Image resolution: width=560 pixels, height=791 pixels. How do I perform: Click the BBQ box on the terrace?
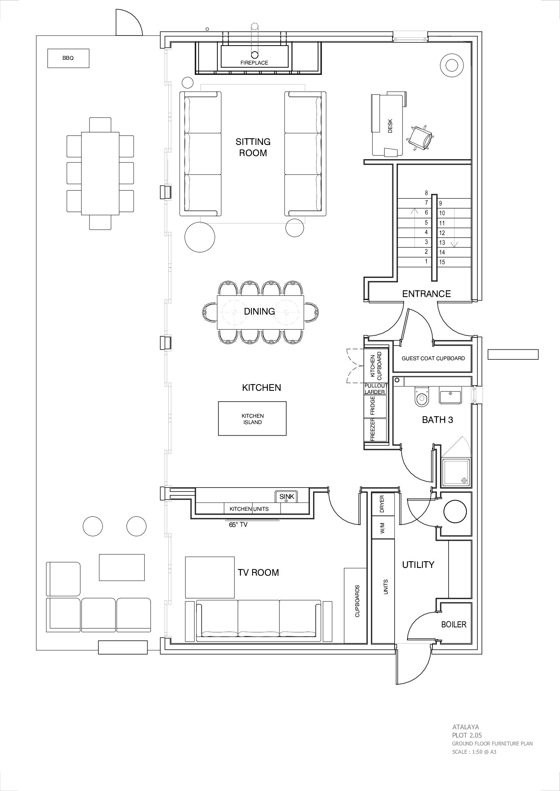pyautogui.click(x=68, y=58)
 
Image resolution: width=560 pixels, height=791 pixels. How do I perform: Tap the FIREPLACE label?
pyautogui.click(x=254, y=63)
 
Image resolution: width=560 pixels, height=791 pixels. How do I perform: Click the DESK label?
pyautogui.click(x=390, y=129)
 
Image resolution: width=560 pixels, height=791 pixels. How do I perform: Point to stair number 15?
pyautogui.click(x=442, y=262)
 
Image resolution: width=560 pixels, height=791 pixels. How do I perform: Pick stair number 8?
pyautogui.click(x=426, y=193)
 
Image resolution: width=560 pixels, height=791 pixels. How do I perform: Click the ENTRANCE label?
pyautogui.click(x=426, y=294)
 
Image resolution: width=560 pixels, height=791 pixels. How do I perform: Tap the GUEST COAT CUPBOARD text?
pyautogui.click(x=433, y=358)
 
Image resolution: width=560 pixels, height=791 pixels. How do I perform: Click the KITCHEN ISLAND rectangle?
pyautogui.click(x=252, y=418)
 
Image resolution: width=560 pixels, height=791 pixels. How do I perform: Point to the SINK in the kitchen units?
pyautogui.click(x=287, y=497)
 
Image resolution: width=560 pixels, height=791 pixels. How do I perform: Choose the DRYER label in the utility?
pyautogui.click(x=382, y=504)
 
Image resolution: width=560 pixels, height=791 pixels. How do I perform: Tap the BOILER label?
pyautogui.click(x=454, y=624)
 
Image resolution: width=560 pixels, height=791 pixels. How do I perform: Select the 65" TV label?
pyautogui.click(x=238, y=525)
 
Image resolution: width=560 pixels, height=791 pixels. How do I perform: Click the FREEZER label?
pyautogui.click(x=373, y=430)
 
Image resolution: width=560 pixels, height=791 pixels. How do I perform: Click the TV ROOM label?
pyautogui.click(x=258, y=572)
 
